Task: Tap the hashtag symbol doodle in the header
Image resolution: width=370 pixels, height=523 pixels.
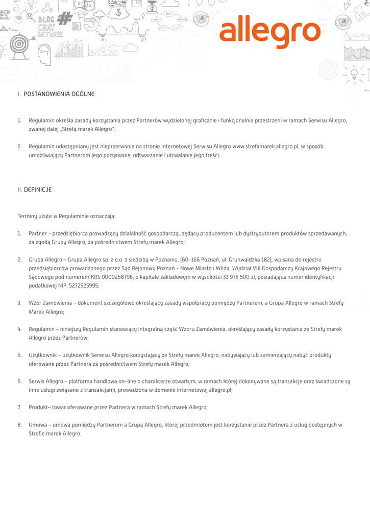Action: [64, 19]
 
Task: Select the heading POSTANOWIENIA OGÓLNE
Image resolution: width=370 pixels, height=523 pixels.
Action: [59, 94]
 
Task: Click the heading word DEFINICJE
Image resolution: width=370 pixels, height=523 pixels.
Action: [38, 189]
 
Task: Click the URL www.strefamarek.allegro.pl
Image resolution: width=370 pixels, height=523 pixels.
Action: [265, 147]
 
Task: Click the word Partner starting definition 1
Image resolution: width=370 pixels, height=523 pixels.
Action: [38, 233]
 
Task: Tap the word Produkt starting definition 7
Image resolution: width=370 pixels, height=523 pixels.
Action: [39, 407]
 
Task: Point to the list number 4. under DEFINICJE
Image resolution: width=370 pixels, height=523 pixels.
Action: [19, 329]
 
